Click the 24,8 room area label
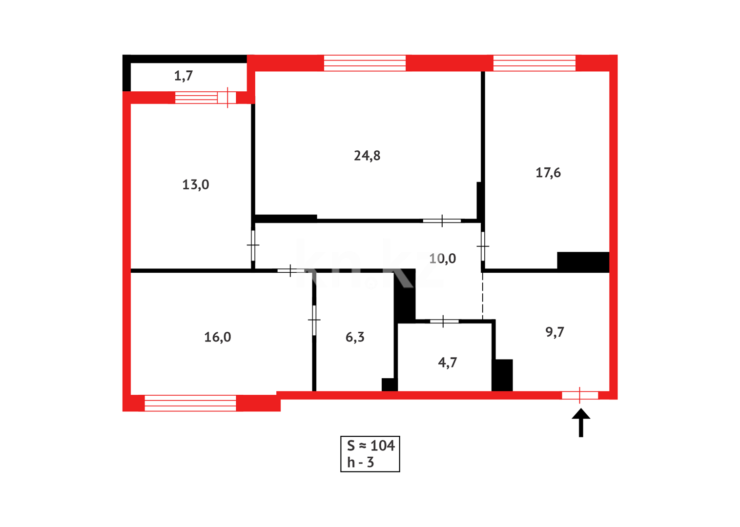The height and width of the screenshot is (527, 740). (x=367, y=156)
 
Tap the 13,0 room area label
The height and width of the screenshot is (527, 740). (x=196, y=185)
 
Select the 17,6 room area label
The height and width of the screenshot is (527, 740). (x=548, y=173)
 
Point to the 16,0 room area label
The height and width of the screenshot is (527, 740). (x=218, y=337)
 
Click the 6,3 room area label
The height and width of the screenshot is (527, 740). (x=355, y=337)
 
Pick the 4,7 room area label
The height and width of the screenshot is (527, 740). (x=448, y=363)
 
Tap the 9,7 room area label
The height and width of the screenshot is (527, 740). (x=555, y=332)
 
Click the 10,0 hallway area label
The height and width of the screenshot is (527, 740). (x=443, y=259)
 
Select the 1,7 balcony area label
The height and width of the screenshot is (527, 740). (x=184, y=76)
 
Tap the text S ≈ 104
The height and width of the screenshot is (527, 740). (x=370, y=446)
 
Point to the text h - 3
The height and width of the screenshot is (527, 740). (x=360, y=463)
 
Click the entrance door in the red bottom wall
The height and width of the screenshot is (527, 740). (x=580, y=395)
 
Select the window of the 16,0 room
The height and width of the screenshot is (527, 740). (x=190, y=403)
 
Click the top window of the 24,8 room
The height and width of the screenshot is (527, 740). (x=365, y=63)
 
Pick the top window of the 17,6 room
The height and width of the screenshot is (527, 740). (x=534, y=63)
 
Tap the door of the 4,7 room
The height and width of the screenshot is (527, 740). (x=444, y=321)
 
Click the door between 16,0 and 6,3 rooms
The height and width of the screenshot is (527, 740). (x=314, y=320)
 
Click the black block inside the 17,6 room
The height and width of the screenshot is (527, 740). (x=583, y=262)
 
